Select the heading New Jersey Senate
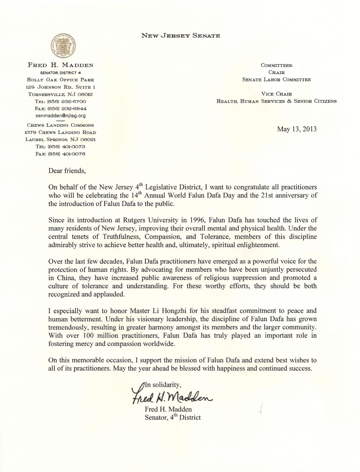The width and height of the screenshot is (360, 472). pyautogui.click(x=180, y=35)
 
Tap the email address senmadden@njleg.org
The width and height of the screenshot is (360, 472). pyautogui.click(x=60, y=116)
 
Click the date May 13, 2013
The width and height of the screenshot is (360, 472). pyautogui.click(x=297, y=129)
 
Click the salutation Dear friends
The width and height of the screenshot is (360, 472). pyautogui.click(x=67, y=170)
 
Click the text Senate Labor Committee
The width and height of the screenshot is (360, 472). pyautogui.click(x=276, y=80)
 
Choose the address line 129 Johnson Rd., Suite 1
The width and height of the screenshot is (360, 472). pyautogui.click(x=60, y=87)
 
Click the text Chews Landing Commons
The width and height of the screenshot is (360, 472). pyautogui.click(x=60, y=125)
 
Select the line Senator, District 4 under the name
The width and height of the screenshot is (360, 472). pyautogui.click(x=60, y=73)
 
